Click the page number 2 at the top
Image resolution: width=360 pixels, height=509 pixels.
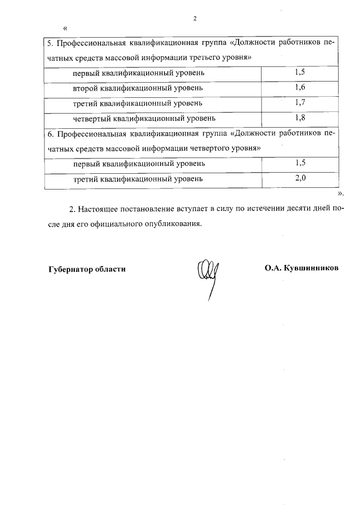pyautogui.click(x=194, y=19)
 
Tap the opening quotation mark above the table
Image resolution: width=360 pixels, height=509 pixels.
pyautogui.click(x=66, y=29)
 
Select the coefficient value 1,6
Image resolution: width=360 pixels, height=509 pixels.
pyautogui.click(x=300, y=88)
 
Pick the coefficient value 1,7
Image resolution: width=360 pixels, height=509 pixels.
pyautogui.click(x=300, y=103)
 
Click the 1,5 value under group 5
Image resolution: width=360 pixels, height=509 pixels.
pyautogui.click(x=300, y=73)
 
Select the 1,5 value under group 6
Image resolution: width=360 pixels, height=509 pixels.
pyautogui.click(x=300, y=163)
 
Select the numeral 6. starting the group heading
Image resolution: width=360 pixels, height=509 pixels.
pyautogui.click(x=49, y=134)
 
